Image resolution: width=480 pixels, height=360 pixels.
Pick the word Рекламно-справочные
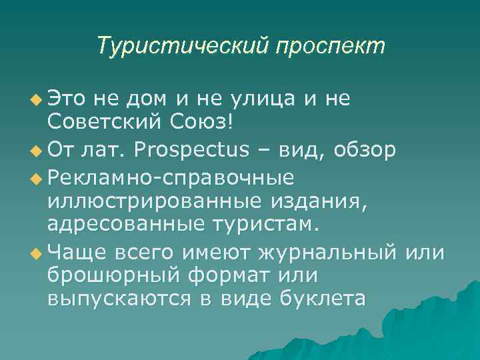pos(171,177)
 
